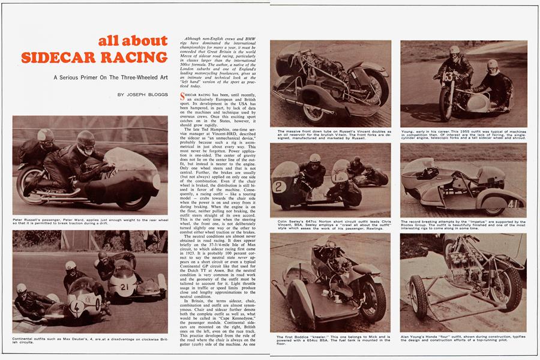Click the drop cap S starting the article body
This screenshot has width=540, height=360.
tap(182, 96)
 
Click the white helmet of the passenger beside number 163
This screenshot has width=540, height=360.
tap(493, 64)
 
